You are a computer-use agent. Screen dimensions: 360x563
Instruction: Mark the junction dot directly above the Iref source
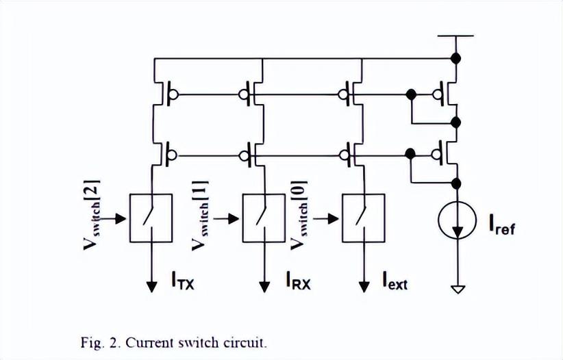458,181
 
